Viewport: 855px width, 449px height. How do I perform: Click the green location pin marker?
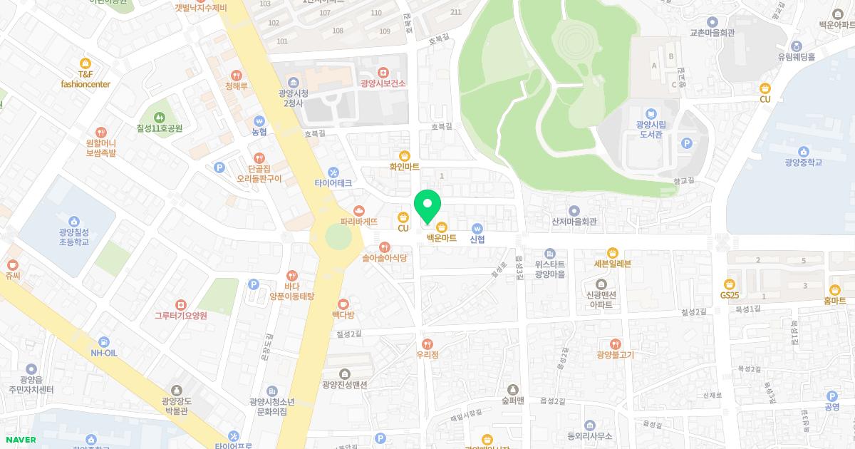[427, 207]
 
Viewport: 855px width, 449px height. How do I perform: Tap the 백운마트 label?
[441, 238]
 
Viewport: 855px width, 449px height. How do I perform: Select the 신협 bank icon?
[477, 227]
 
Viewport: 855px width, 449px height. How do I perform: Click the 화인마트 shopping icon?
[405, 155]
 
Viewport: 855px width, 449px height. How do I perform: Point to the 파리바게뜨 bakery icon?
[358, 210]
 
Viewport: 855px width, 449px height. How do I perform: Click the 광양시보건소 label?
[383, 83]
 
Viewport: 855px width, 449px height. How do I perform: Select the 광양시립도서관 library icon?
[651, 114]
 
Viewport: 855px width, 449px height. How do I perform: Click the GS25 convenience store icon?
[730, 284]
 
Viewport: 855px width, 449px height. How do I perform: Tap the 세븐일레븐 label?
[612, 264]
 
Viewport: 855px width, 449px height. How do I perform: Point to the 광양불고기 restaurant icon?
[615, 344]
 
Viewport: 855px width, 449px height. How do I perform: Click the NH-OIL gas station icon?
[104, 342]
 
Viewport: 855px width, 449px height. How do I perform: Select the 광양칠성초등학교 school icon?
[74, 222]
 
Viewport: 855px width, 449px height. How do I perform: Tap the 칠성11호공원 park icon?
[160, 118]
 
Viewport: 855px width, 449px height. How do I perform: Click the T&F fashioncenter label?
[85, 79]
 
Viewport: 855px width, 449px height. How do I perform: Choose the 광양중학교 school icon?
[804, 151]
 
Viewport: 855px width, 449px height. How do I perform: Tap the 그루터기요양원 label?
[181, 316]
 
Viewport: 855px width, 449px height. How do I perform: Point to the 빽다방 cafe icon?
[343, 304]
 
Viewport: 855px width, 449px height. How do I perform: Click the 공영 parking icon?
[831, 396]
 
